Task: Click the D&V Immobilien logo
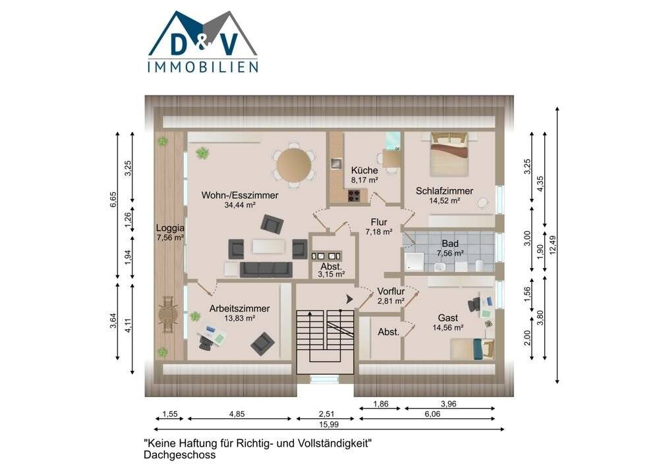(202, 41)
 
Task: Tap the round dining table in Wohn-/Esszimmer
(294, 164)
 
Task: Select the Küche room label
(364, 170)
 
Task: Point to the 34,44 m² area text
(240, 205)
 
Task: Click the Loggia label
(169, 229)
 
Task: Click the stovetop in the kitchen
(354, 195)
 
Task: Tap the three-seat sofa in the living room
(266, 269)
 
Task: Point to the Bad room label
(450, 243)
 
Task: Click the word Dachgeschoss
(179, 454)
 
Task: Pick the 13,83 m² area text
(239, 317)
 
